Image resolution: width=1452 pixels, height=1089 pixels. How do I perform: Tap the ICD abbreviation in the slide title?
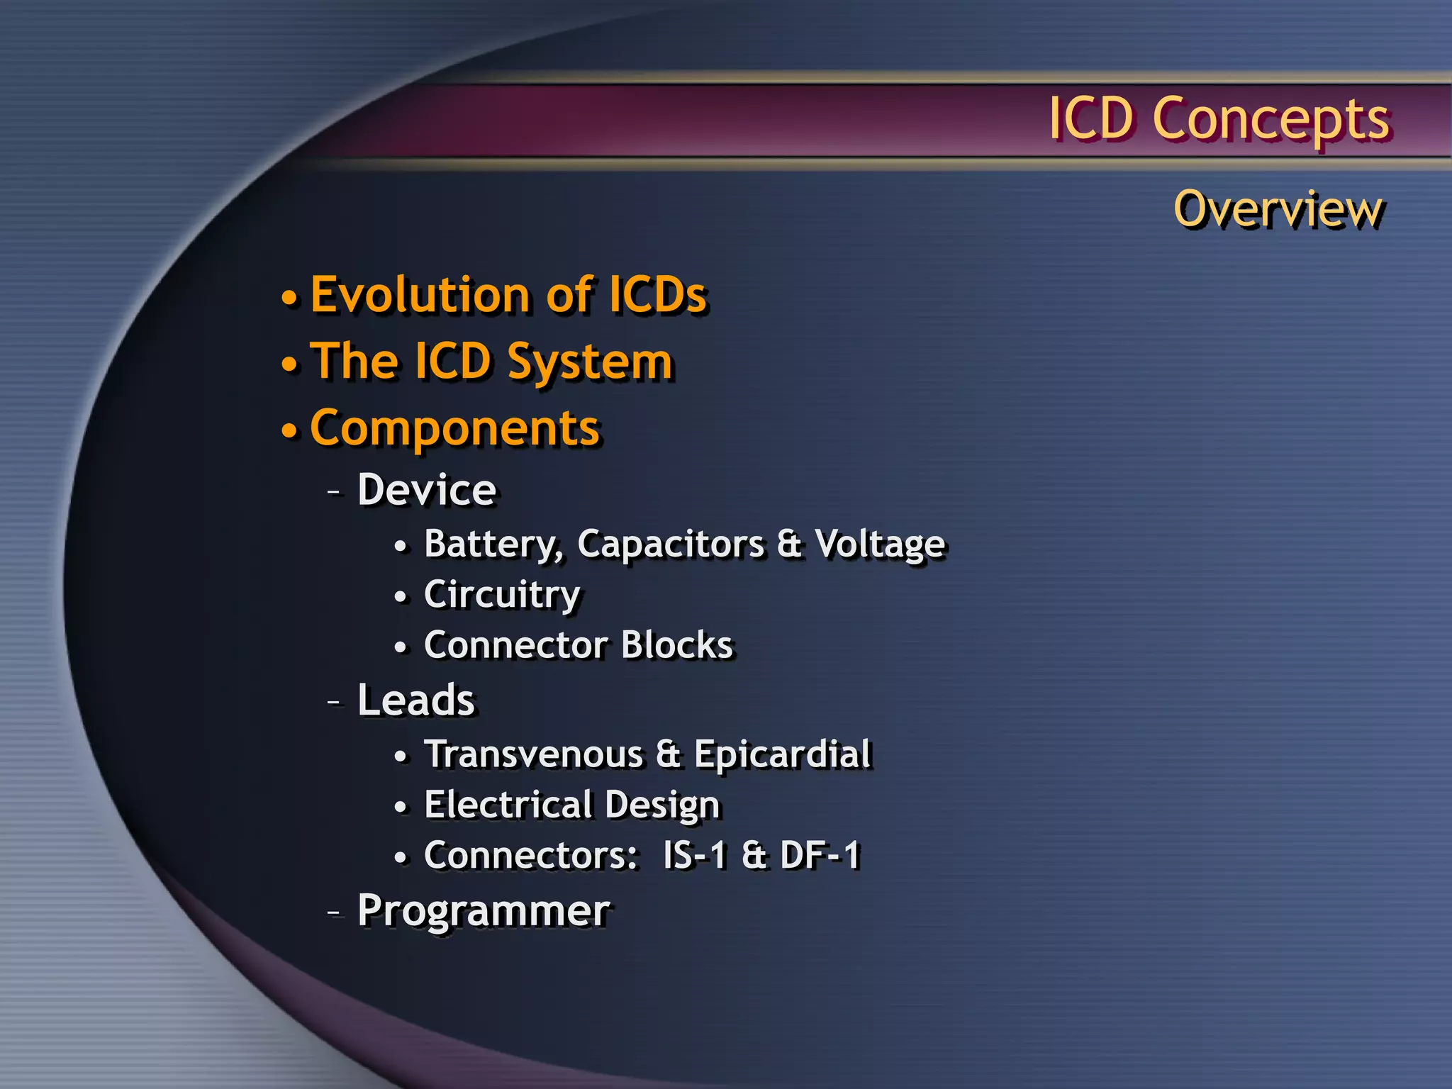1092,118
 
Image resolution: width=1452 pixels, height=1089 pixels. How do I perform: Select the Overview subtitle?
1278,210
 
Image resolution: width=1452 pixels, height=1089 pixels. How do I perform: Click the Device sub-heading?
426,490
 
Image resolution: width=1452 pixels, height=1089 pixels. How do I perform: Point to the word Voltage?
879,544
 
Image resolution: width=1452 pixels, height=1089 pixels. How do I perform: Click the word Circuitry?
502,595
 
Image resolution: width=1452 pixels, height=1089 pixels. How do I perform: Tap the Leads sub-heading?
415,700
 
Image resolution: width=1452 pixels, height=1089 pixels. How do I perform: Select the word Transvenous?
533,754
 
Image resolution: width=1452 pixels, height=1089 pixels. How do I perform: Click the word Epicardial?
782,754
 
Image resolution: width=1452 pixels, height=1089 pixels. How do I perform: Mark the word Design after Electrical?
661,805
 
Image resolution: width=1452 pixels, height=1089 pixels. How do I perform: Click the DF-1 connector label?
820,855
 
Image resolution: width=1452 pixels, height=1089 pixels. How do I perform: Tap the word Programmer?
483,911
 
